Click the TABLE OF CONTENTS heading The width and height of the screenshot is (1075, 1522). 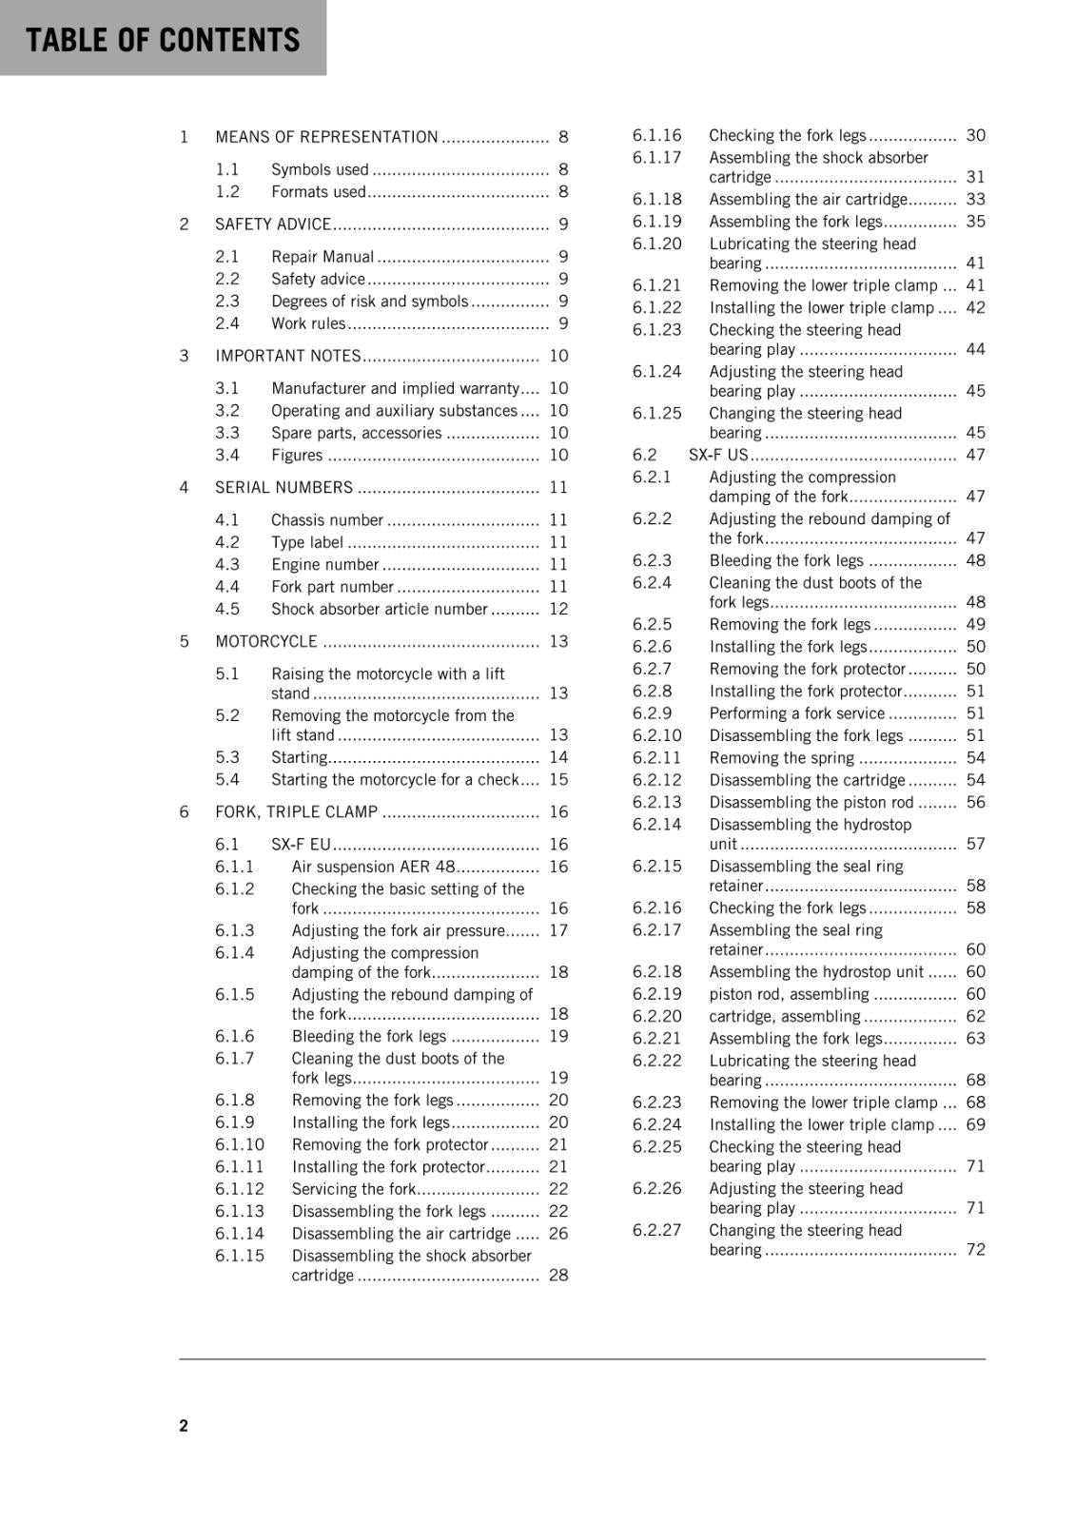[x=163, y=40]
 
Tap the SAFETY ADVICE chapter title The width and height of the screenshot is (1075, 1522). [x=273, y=224]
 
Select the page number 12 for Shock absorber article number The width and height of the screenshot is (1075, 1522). [x=558, y=609]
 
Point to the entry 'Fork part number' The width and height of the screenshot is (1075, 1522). [x=332, y=587]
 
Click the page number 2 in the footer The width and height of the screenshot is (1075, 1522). [x=184, y=1425]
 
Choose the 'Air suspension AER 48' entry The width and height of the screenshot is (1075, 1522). [x=373, y=867]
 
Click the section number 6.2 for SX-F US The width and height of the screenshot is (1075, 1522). [x=645, y=455]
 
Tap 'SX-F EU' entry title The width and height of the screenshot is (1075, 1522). [x=301, y=845]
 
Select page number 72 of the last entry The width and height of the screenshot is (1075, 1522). [x=975, y=1249]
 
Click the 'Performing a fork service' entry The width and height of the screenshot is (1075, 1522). [x=796, y=713]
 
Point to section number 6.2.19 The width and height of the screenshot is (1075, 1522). [x=656, y=994]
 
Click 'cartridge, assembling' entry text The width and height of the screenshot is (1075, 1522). [x=784, y=1016]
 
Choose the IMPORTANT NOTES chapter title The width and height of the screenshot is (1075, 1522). [x=288, y=356]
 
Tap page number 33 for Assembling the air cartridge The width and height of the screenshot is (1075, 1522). [x=975, y=199]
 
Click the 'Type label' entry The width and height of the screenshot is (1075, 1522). [x=306, y=542]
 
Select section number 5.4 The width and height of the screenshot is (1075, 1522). [x=227, y=780]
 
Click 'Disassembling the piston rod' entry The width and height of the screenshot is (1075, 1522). [x=811, y=802]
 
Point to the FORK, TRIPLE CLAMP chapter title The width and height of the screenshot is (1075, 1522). [x=296, y=812]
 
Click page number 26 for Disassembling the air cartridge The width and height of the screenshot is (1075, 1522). [x=558, y=1234]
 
